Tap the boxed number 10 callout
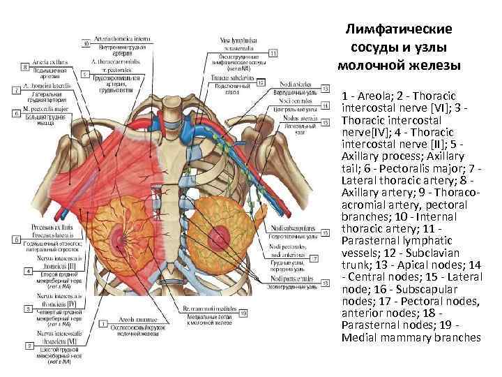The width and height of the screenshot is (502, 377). (x=86, y=43)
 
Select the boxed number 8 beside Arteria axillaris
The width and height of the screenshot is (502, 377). (x=24, y=67)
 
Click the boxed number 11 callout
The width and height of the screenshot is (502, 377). (x=273, y=53)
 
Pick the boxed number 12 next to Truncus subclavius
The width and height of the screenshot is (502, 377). (x=261, y=82)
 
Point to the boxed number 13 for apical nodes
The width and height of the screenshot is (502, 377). (x=326, y=89)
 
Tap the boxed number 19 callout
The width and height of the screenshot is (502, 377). (x=243, y=313)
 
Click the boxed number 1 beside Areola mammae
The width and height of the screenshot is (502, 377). (x=102, y=325)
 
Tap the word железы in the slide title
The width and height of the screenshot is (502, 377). (x=434, y=66)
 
